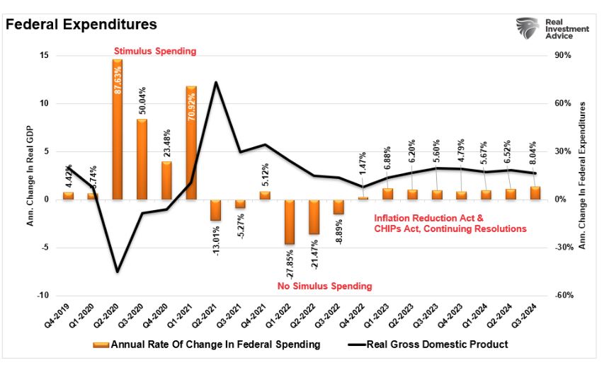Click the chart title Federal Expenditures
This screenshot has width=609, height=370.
[x=81, y=24]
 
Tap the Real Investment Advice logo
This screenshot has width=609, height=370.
[x=552, y=28]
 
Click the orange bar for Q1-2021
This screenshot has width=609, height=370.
[x=191, y=142]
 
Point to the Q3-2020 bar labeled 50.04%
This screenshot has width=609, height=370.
[x=142, y=158]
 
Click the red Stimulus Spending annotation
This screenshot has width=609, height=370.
[x=156, y=52]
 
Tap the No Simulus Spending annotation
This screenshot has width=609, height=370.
[x=324, y=286]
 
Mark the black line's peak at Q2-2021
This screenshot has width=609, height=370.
[x=216, y=82]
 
